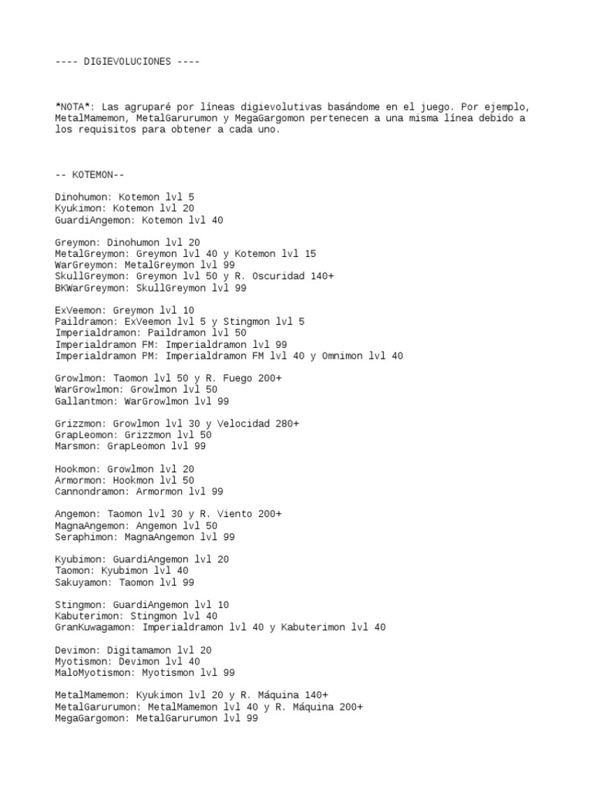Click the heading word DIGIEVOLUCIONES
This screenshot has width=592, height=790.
(127, 61)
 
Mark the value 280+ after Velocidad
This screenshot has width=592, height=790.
(284, 424)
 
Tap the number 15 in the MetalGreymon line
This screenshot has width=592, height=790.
(308, 254)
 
